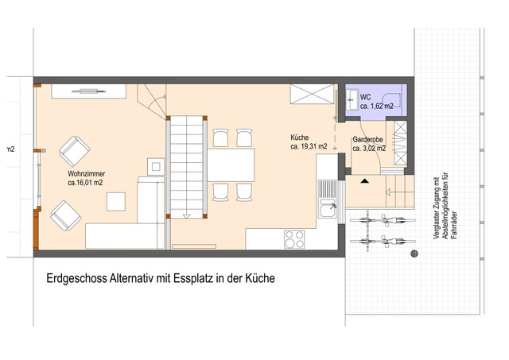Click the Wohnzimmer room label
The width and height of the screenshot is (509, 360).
[x=87, y=174]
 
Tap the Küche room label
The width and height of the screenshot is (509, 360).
[x=299, y=137]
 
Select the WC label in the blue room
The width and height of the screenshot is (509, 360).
[x=365, y=97]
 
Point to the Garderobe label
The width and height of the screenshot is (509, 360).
[x=367, y=139]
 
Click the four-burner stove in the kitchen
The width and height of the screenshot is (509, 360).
[x=294, y=239]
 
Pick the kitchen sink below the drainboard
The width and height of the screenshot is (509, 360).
[x=328, y=208]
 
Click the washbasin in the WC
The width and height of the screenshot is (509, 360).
[x=352, y=99]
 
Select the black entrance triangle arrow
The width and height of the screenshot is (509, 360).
[x=364, y=181]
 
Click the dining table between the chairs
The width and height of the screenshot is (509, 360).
[x=231, y=165]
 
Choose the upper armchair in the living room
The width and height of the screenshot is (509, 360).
[x=75, y=151]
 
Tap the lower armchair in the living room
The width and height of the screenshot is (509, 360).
[x=66, y=215]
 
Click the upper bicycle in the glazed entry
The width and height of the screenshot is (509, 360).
[x=383, y=220]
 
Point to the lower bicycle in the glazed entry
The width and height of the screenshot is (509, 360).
[x=383, y=242]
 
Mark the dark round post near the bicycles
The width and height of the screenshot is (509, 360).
[x=414, y=254]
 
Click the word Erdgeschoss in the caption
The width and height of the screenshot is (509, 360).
[x=76, y=278]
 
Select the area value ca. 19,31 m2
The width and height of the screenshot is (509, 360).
[x=309, y=146]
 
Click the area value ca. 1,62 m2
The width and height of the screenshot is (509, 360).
[x=376, y=106]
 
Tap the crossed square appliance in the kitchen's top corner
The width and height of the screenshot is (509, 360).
[x=312, y=94]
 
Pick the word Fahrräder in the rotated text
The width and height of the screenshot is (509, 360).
[x=454, y=226]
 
